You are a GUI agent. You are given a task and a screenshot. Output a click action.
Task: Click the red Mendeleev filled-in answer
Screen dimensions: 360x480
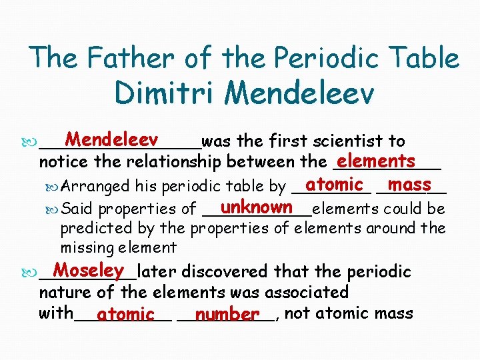(111, 139)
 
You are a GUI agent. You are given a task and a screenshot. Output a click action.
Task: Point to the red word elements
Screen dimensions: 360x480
(376, 161)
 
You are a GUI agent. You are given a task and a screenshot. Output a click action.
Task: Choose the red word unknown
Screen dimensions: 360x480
(256, 207)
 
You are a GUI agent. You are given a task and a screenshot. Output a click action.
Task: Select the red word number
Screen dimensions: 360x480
(227, 313)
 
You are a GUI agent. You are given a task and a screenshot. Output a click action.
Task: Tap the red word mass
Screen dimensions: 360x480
(409, 184)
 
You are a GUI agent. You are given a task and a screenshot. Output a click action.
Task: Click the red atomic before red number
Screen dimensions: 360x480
(125, 313)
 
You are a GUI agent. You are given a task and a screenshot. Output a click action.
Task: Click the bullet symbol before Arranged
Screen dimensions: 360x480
(53, 186)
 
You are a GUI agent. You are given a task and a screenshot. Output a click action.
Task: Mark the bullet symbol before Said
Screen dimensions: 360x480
(53, 209)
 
